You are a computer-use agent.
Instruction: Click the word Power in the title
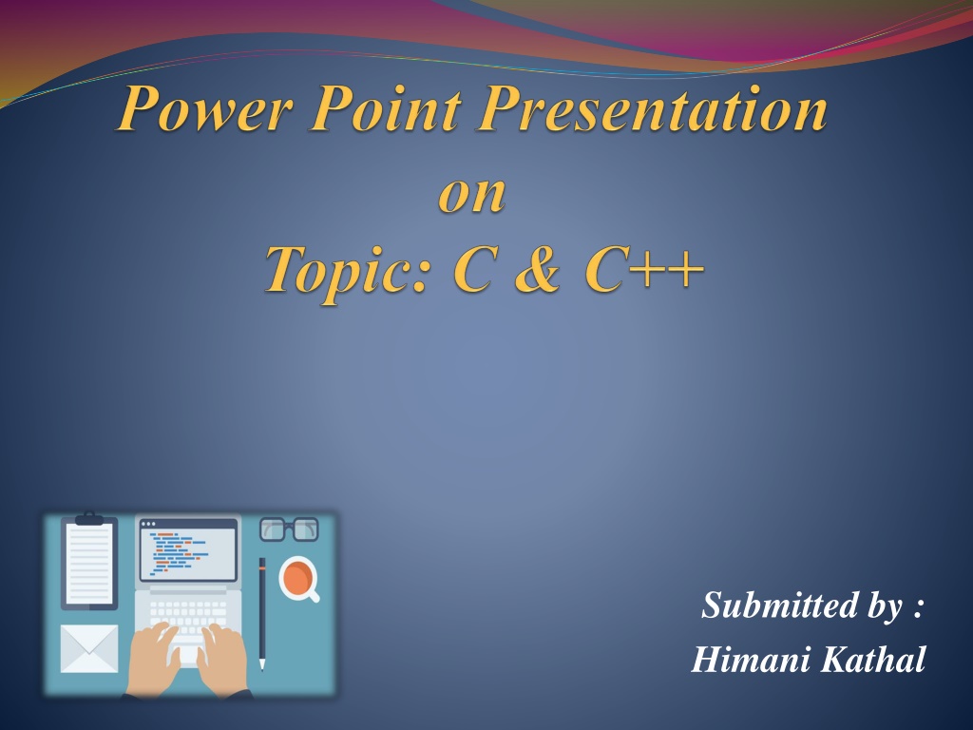click(x=204, y=108)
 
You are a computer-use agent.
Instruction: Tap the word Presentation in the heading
click(x=652, y=108)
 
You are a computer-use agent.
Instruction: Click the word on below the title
click(x=472, y=194)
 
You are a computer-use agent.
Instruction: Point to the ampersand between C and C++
click(x=538, y=269)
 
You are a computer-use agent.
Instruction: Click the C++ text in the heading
click(x=644, y=269)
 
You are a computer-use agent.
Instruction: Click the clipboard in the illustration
click(x=89, y=561)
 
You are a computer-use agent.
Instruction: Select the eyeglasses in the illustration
click(x=289, y=529)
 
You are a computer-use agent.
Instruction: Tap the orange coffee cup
click(x=299, y=579)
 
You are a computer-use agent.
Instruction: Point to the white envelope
click(x=89, y=648)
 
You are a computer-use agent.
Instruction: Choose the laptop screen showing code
click(x=189, y=550)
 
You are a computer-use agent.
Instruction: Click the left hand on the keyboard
click(x=154, y=658)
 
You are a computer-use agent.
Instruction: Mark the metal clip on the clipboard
click(x=89, y=518)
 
